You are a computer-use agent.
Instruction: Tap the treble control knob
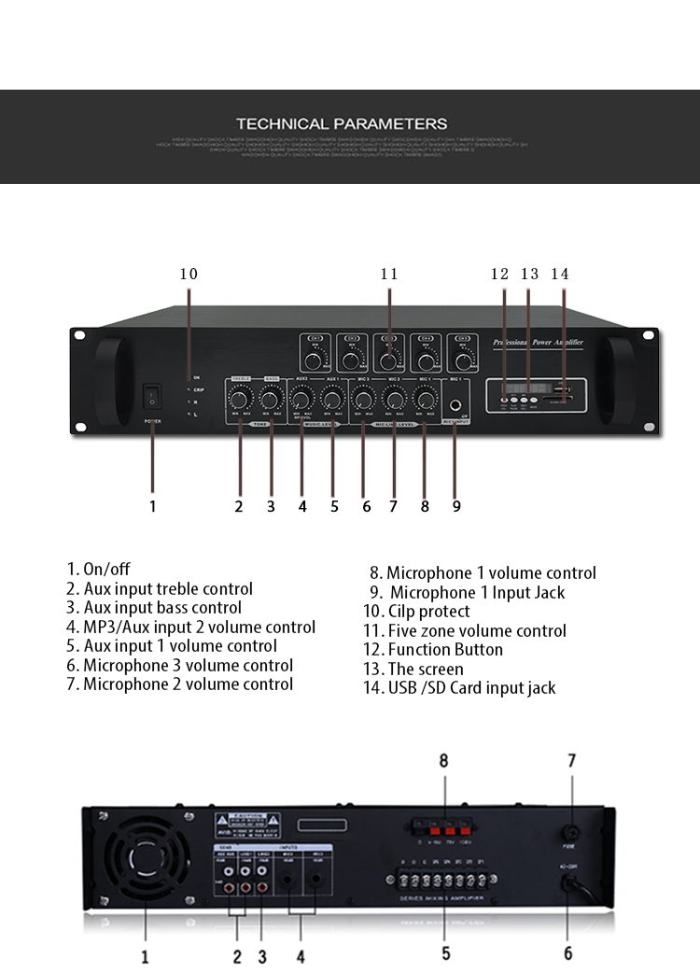tap(239, 400)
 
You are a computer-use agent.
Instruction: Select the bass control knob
tap(271, 400)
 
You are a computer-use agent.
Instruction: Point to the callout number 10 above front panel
tap(189, 274)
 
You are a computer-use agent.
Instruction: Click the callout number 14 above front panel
tap(560, 274)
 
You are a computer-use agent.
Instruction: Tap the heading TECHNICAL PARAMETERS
tap(342, 123)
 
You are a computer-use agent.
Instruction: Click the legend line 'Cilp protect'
tap(416, 612)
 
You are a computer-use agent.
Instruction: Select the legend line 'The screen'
tap(413, 669)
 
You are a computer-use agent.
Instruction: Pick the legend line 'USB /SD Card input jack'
tap(459, 688)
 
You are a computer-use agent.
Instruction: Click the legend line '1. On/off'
tap(98, 569)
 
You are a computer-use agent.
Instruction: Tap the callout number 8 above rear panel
tap(444, 761)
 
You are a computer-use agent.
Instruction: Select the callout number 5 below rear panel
tap(446, 953)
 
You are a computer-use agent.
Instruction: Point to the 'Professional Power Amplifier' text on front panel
tap(538, 343)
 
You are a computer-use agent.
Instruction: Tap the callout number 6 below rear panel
tap(567, 953)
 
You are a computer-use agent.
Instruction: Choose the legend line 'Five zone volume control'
tap(465, 631)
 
